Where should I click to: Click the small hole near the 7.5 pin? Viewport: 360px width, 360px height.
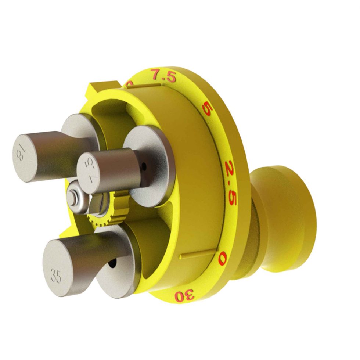[x=145, y=167]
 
